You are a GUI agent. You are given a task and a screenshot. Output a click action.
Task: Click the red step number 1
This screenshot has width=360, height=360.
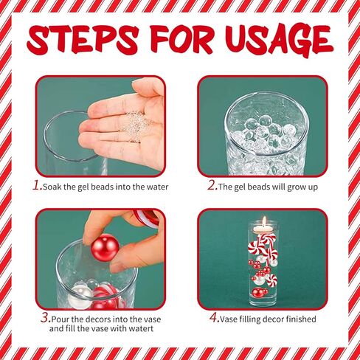tap(37, 186)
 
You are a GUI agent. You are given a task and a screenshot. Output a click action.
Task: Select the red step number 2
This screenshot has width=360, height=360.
tap(211, 186)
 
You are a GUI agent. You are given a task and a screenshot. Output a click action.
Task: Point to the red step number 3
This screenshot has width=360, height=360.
tap(45, 319)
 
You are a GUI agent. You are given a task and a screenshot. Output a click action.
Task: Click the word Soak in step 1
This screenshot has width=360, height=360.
tap(53, 187)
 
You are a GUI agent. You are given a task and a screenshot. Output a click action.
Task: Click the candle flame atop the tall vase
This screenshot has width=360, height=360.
tap(261, 221)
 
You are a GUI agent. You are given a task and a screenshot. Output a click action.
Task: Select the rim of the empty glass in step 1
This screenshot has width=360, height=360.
tap(70, 114)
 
